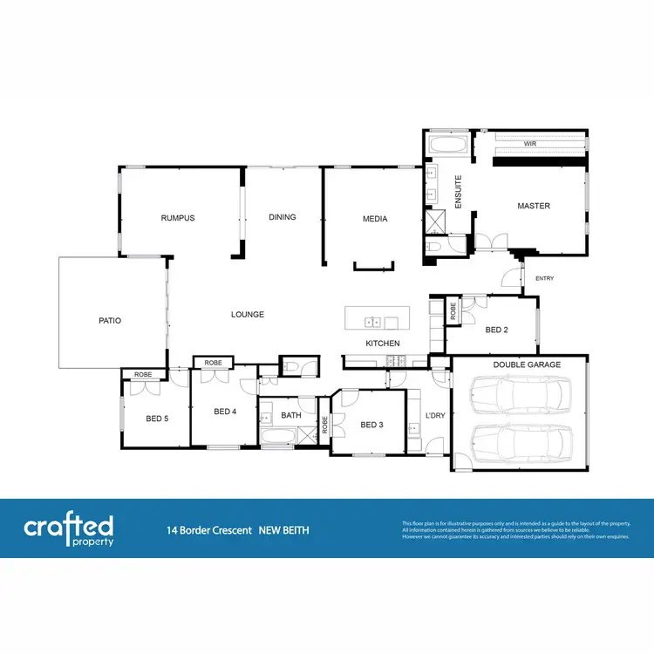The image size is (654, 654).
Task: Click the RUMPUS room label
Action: pos(177,218)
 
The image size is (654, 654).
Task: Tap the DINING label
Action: pos(283,217)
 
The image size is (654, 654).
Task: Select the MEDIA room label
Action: pos(375,219)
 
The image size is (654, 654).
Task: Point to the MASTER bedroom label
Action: pos(534,207)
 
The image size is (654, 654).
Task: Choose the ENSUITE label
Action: pos(458,192)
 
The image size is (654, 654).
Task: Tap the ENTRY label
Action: pos(544,279)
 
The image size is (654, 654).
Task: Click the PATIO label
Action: pos(110,321)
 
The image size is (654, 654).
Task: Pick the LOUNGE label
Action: pos(247,315)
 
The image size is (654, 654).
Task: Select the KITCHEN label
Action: pos(383,344)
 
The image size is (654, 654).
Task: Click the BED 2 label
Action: pos(496,330)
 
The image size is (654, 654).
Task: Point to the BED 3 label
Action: pos(371,425)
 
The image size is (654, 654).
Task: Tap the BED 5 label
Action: pos(157,419)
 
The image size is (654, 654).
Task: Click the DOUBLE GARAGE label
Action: pos(527,364)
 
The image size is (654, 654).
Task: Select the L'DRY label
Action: pos(435,416)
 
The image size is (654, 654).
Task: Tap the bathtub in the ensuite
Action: pos(448,143)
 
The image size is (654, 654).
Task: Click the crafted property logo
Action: pos(69,529)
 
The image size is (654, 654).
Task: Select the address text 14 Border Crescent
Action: pos(209,530)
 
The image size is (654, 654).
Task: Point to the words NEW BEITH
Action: pos(284,530)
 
